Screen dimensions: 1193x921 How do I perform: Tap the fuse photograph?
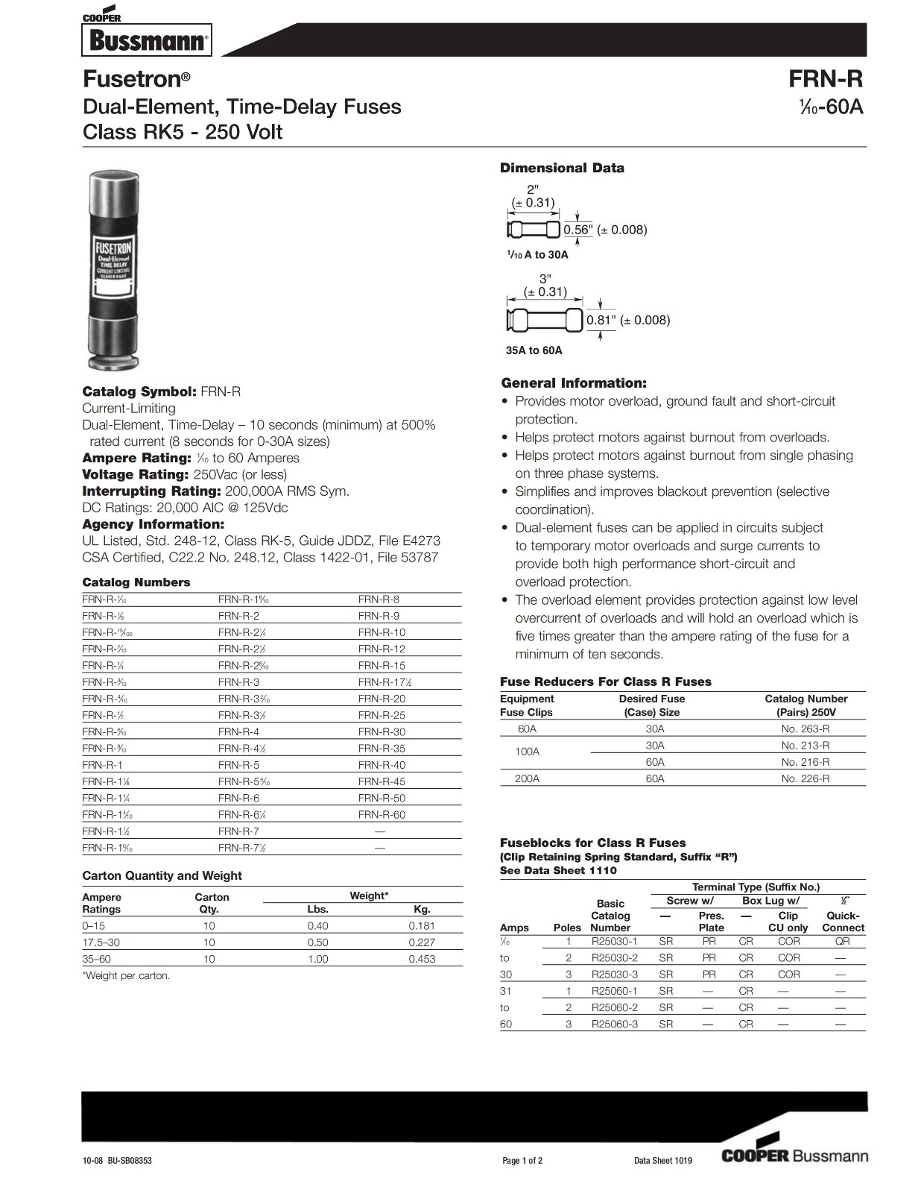pyautogui.click(x=114, y=270)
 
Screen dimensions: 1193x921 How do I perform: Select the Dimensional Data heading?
pyautogui.click(x=562, y=169)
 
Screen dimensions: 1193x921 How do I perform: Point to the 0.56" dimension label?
pyautogui.click(x=577, y=230)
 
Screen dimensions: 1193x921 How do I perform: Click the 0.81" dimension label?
pyautogui.click(x=600, y=321)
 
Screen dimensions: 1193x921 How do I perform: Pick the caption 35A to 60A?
pyautogui.click(x=534, y=350)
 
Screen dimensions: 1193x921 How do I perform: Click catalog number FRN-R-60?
pyautogui.click(x=382, y=815)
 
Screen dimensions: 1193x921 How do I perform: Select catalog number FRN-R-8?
pyautogui.click(x=379, y=599)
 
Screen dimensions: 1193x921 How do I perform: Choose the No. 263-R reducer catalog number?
pyautogui.click(x=805, y=729)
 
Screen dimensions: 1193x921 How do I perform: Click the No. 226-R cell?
pyautogui.click(x=805, y=778)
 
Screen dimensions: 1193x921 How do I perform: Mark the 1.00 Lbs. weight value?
pyautogui.click(x=318, y=960)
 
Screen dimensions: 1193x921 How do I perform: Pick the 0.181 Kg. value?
pyautogui.click(x=422, y=926)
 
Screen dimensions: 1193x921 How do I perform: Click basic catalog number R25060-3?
pyautogui.click(x=615, y=1024)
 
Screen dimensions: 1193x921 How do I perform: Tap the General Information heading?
pyautogui.click(x=574, y=383)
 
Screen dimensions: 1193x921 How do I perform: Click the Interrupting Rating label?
pyautogui.click(x=151, y=491)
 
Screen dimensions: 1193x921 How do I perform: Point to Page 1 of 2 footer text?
pyautogui.click(x=522, y=1161)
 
